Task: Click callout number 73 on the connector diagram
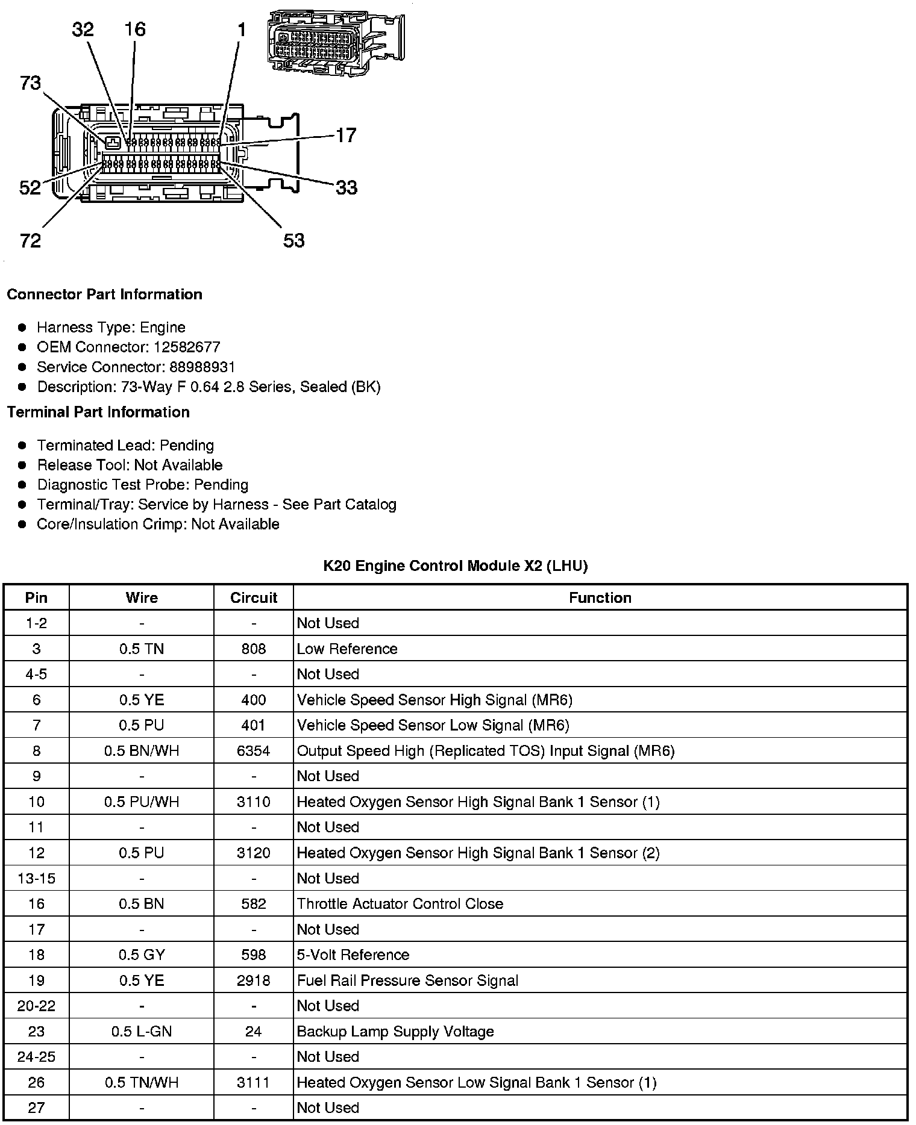pyautogui.click(x=30, y=83)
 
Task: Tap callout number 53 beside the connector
pyautogui.click(x=294, y=240)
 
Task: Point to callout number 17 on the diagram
pyautogui.click(x=346, y=135)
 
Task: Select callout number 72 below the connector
pyautogui.click(x=30, y=240)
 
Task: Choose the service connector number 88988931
pyautogui.click(x=202, y=367)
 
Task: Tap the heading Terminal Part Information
pyautogui.click(x=98, y=412)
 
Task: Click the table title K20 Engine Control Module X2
pyautogui.click(x=455, y=566)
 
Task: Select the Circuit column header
pyautogui.click(x=254, y=597)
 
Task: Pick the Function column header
pyautogui.click(x=600, y=597)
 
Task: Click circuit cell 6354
pyautogui.click(x=254, y=750)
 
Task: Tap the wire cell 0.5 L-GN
pyautogui.click(x=142, y=1031)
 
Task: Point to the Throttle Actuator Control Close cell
pyautogui.click(x=400, y=903)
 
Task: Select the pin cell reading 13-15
pyautogui.click(x=36, y=878)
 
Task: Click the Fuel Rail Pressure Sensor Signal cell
pyautogui.click(x=407, y=980)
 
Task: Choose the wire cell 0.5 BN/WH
pyautogui.click(x=142, y=750)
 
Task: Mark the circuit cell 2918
pyautogui.click(x=254, y=980)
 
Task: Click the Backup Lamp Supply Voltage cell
pyautogui.click(x=395, y=1031)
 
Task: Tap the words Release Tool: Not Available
pyautogui.click(x=130, y=465)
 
